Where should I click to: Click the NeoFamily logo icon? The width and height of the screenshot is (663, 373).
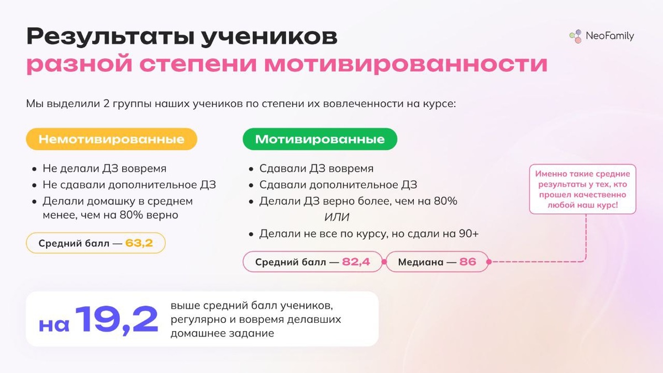[x=576, y=36]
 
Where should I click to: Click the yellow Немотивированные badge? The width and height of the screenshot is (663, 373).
[x=111, y=139]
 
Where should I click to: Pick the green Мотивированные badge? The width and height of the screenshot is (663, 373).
[x=320, y=139]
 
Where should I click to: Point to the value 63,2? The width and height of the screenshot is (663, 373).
[x=139, y=243]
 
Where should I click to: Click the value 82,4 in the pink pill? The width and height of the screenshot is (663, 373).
[x=356, y=262]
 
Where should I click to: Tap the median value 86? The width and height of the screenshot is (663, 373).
[x=467, y=262]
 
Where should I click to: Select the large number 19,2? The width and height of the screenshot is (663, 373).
[x=117, y=319]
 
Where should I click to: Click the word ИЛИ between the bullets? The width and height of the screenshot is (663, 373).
[x=337, y=217]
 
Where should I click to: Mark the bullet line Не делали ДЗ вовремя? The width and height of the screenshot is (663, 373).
[x=104, y=168]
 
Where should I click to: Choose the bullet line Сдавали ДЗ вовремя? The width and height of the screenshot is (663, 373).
[x=316, y=168]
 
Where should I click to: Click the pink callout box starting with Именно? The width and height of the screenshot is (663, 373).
[x=582, y=189]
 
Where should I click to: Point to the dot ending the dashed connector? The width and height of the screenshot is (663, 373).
[x=489, y=262]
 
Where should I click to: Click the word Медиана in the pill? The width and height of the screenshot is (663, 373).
[x=421, y=262]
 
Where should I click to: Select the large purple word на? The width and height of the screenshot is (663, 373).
[x=54, y=324]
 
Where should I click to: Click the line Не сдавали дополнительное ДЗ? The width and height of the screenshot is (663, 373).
[x=129, y=185]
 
